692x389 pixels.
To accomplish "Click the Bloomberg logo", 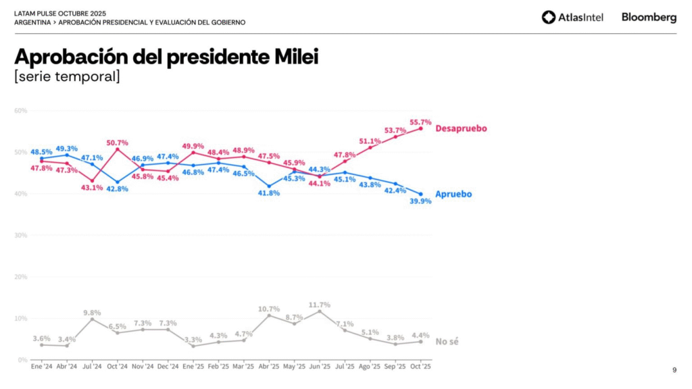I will (x=649, y=18).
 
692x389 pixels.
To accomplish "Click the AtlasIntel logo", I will (x=572, y=18).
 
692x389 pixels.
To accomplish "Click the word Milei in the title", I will (x=295, y=57).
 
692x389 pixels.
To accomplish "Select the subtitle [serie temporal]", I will (x=67, y=76).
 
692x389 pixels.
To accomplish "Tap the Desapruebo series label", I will (x=461, y=128).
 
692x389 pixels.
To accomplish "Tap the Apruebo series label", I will (x=453, y=194).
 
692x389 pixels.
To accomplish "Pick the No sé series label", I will (x=447, y=342).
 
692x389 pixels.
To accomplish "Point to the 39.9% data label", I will (x=419, y=201).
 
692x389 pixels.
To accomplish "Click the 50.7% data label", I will (x=118, y=142).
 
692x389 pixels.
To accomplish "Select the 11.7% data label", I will (x=319, y=305).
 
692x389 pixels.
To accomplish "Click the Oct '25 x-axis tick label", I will (x=420, y=366).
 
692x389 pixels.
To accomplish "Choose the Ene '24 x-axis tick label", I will (x=41, y=366).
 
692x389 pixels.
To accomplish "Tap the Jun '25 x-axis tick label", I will (x=319, y=366).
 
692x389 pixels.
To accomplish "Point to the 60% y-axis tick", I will (x=20, y=111).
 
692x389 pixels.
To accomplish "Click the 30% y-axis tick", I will (x=20, y=235).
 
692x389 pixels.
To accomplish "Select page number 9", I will (x=674, y=369).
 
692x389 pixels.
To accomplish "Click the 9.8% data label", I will (x=93, y=312).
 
